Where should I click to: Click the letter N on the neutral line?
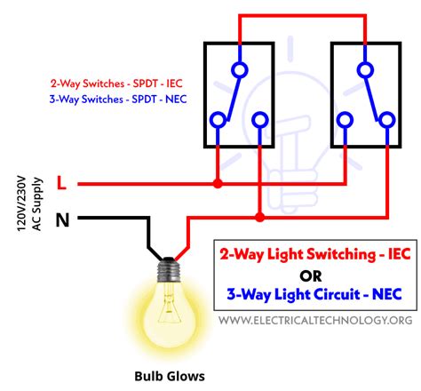pyautogui.click(x=62, y=217)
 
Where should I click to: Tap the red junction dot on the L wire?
pyautogui.click(x=218, y=184)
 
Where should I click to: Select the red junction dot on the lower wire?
pyautogui.click(x=258, y=216)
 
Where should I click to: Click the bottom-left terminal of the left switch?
pyautogui.click(x=218, y=118)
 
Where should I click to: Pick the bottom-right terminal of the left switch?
pyautogui.click(x=258, y=118)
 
